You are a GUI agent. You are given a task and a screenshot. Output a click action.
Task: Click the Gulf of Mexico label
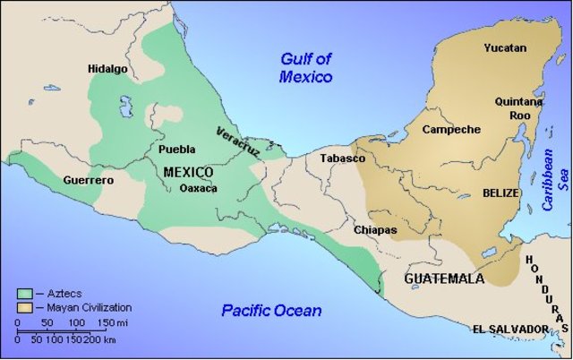(x=305, y=68)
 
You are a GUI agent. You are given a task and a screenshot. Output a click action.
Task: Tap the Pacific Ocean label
(x=271, y=311)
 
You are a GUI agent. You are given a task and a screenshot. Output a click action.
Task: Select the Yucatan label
(x=505, y=47)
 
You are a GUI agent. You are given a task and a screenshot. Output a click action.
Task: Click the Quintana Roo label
(x=518, y=108)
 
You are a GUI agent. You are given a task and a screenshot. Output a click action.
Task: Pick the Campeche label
(x=451, y=129)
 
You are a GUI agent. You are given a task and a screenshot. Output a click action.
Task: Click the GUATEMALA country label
(x=444, y=279)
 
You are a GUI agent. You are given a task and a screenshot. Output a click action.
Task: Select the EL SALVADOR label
(x=510, y=330)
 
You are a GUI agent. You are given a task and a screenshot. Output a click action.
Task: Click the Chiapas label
(x=375, y=230)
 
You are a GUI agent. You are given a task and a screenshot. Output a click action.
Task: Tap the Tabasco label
(x=343, y=159)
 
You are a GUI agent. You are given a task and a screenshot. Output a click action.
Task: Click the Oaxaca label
(x=199, y=189)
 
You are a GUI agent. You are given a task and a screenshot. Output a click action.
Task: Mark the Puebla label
(x=176, y=150)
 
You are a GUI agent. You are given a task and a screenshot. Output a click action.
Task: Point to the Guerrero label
(x=89, y=181)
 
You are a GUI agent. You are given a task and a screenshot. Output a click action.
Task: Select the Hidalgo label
(x=107, y=69)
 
